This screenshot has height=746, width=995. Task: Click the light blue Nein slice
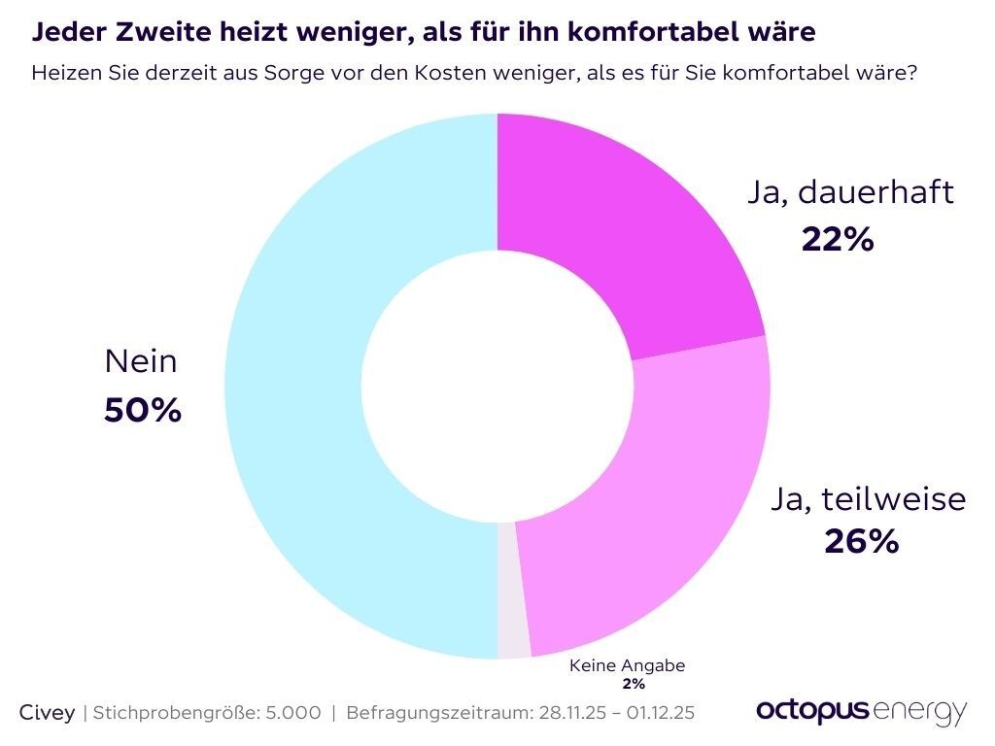[292, 389]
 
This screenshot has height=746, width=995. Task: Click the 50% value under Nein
[142, 410]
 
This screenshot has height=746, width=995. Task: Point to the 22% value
[838, 238]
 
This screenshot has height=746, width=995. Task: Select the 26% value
[861, 541]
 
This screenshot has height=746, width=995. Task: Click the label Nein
[141, 362]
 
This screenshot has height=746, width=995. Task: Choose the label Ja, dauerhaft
[851, 192]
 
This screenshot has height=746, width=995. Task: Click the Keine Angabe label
[627, 666]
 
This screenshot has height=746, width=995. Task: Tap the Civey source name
[48, 712]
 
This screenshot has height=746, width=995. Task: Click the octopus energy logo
[861, 710]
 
